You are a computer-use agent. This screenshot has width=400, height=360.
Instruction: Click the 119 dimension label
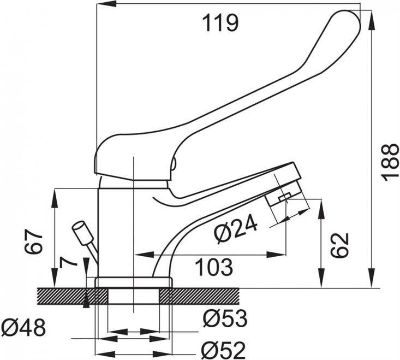pyautogui.click(x=220, y=23)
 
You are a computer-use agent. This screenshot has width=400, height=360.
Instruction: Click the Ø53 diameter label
pyautogui.click(x=225, y=317)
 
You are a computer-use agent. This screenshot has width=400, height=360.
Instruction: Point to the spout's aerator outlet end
pyautogui.click(x=284, y=197)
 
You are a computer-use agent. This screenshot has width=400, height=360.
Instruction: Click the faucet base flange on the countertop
pyautogui.click(x=133, y=282)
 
